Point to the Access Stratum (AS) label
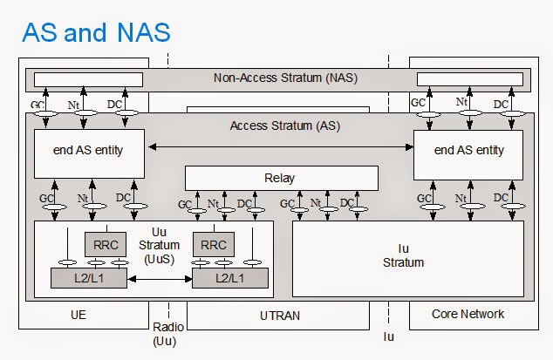(284, 125)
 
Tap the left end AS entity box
(88, 151)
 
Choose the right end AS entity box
(468, 151)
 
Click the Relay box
(280, 178)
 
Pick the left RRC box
(106, 245)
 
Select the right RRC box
(214, 245)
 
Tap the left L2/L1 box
(88, 279)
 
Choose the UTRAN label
(280, 316)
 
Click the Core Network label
(468, 314)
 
